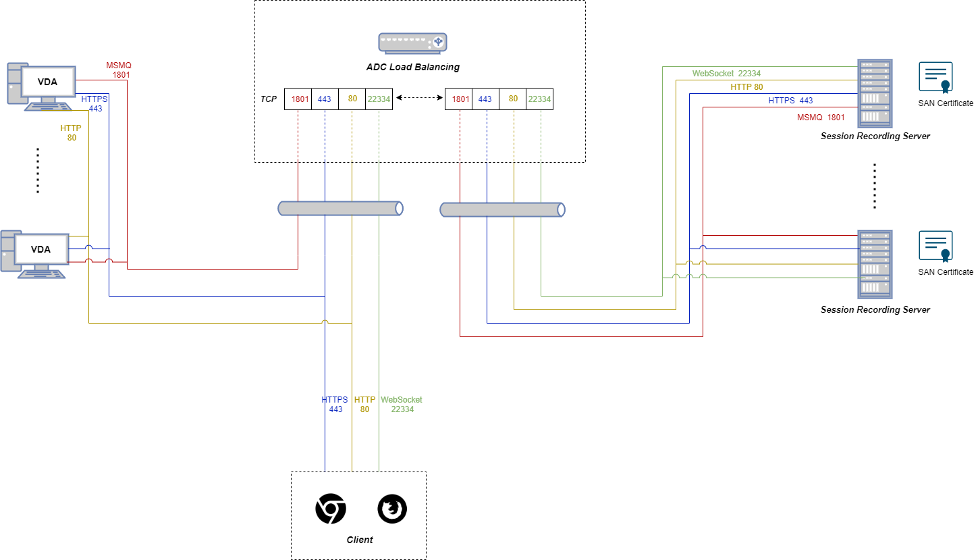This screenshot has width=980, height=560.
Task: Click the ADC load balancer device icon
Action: tap(413, 43)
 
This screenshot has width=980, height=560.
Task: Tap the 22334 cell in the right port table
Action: tap(539, 99)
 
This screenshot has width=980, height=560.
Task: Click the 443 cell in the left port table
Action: tap(324, 99)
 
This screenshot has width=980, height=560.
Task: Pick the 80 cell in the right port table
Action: tap(513, 99)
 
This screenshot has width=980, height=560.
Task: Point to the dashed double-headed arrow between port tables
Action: tap(418, 99)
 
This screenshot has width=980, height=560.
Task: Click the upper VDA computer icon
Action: tap(40, 86)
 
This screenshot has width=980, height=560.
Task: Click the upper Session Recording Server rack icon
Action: tap(874, 93)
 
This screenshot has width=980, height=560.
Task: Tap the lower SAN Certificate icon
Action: tap(935, 246)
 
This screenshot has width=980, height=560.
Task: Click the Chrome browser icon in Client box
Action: tap(331, 509)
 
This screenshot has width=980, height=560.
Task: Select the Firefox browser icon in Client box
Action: tap(392, 509)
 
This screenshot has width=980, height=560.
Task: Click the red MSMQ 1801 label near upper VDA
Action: tap(119, 70)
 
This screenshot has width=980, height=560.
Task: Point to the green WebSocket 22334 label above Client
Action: tap(402, 404)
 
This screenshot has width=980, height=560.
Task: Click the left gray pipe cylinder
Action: tap(341, 209)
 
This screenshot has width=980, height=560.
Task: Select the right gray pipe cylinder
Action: tap(502, 209)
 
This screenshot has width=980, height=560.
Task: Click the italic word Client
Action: tap(359, 540)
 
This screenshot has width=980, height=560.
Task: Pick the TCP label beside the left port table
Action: tap(269, 99)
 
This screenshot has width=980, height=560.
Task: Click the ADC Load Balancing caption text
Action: tap(413, 67)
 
